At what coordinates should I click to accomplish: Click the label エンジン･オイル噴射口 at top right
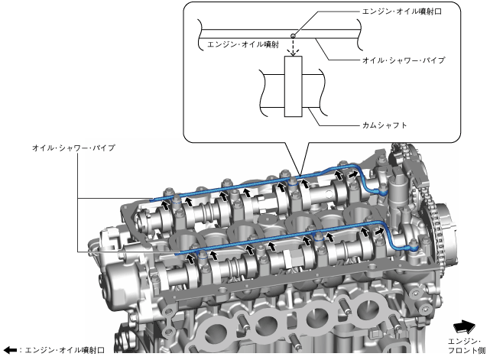click(x=401, y=11)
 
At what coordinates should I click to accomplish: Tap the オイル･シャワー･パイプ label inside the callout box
click(x=404, y=60)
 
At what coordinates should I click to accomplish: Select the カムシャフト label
click(x=385, y=125)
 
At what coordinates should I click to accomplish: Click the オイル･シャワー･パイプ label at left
click(x=73, y=148)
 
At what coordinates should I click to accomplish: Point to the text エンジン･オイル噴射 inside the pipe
click(x=243, y=44)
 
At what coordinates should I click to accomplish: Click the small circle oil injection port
click(x=293, y=36)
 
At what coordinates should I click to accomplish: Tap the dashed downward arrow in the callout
click(x=293, y=47)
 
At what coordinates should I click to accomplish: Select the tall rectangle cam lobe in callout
click(x=293, y=86)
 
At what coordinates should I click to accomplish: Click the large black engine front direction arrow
click(x=464, y=327)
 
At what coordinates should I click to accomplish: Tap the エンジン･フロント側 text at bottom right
click(x=467, y=346)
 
